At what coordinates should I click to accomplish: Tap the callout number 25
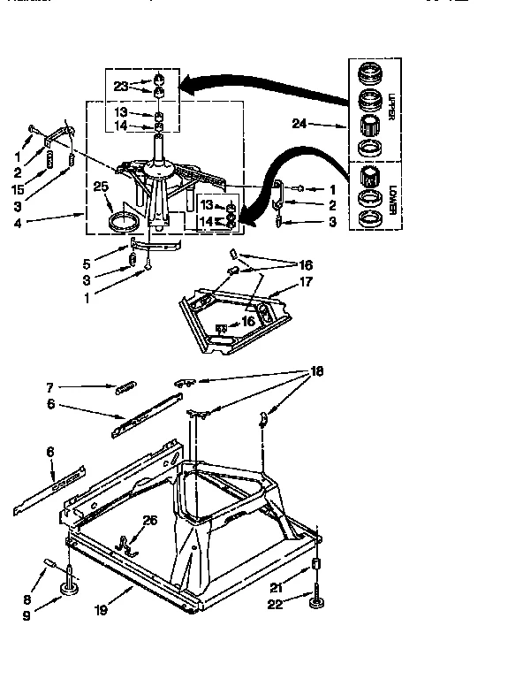(101, 186)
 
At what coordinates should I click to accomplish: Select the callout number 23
(121, 86)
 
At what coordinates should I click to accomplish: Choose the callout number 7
(51, 386)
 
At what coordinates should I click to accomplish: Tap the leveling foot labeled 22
(315, 604)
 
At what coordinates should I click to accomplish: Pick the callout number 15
(18, 188)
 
